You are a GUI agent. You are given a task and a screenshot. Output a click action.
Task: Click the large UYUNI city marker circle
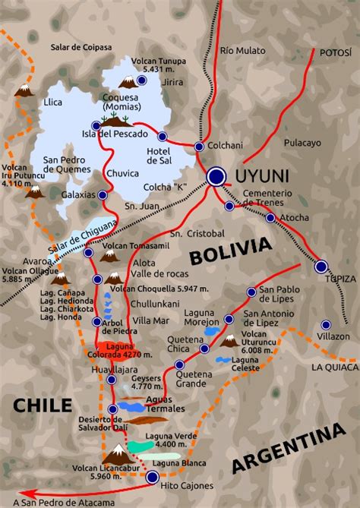point(217,177)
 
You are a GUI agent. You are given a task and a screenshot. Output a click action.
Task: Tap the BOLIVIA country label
point(230,251)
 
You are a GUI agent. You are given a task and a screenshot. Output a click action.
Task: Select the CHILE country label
point(42,404)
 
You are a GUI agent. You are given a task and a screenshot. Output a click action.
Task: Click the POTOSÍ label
point(333,52)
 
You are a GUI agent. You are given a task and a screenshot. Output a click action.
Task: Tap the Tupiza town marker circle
point(321,267)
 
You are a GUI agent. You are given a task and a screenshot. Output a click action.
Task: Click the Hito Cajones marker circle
point(153,477)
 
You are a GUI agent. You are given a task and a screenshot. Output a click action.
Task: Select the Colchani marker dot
point(199,147)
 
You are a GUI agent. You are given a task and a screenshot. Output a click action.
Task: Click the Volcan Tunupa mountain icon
point(129,81)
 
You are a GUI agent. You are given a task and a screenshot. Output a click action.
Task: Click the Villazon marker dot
point(326,324)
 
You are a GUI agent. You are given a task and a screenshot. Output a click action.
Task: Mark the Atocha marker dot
point(270,218)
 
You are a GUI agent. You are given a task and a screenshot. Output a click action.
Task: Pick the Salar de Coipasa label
point(81,47)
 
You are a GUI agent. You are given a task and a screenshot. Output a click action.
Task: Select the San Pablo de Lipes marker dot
point(251,292)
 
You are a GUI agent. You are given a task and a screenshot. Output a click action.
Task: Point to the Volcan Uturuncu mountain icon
point(229,341)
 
